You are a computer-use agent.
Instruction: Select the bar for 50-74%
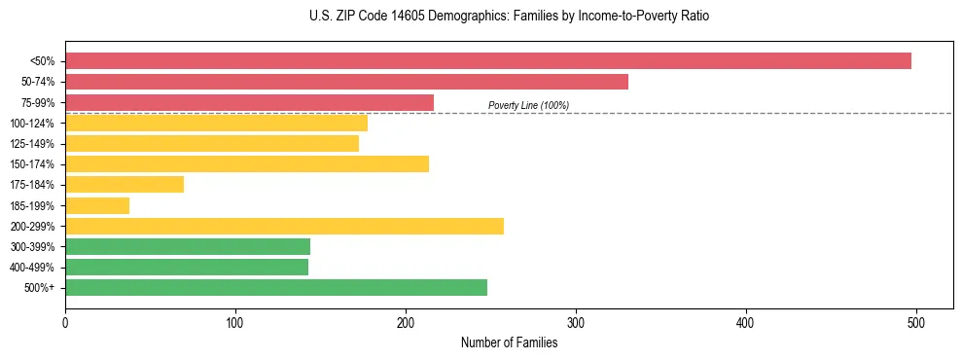[346, 82]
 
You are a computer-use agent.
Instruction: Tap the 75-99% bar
[249, 102]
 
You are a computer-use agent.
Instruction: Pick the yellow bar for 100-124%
[216, 123]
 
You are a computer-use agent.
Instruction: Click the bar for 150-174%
[247, 164]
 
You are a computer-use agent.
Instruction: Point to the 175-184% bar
[125, 185]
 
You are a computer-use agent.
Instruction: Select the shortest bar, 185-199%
[97, 205]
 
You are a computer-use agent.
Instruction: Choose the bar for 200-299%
[284, 227]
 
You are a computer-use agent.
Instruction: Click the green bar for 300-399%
[188, 247]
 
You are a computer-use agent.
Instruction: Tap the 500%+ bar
[276, 288]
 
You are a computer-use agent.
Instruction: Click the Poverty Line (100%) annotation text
[528, 105]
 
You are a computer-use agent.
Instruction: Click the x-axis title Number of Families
[509, 342]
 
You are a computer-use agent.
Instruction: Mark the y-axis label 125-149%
[32, 144]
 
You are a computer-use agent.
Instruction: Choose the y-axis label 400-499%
[32, 268]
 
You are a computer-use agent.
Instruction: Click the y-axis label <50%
[42, 61]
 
